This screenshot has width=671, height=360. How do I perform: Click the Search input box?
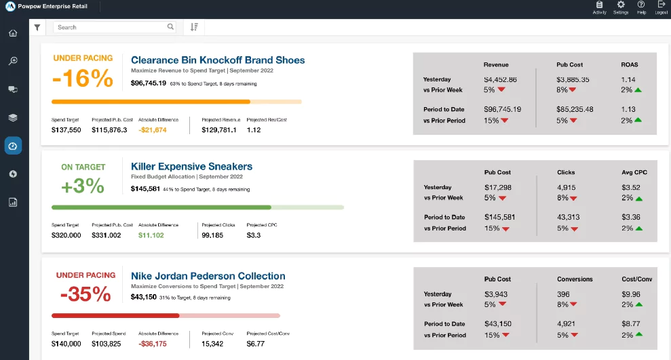click(112, 27)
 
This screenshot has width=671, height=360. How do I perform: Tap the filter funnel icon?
click(37, 27)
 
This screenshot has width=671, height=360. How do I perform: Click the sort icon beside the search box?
click(194, 27)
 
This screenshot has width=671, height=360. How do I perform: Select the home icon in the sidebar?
click(13, 33)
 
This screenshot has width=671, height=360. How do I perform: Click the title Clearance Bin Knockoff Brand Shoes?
click(218, 60)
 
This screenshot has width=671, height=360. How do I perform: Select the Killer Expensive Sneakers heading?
click(191, 166)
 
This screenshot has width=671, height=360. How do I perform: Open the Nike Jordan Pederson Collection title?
click(208, 276)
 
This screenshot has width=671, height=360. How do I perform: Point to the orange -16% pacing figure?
click(83, 79)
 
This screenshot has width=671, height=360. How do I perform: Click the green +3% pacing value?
click(83, 185)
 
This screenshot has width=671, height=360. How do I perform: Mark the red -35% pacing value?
click(85, 294)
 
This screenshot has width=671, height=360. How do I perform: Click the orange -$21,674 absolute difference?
click(153, 129)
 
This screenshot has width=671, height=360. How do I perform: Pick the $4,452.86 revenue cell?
click(501, 79)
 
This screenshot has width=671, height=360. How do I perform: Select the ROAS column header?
click(629, 65)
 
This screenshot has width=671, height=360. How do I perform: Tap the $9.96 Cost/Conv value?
click(630, 294)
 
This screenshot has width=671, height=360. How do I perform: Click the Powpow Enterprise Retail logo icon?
click(10, 7)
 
